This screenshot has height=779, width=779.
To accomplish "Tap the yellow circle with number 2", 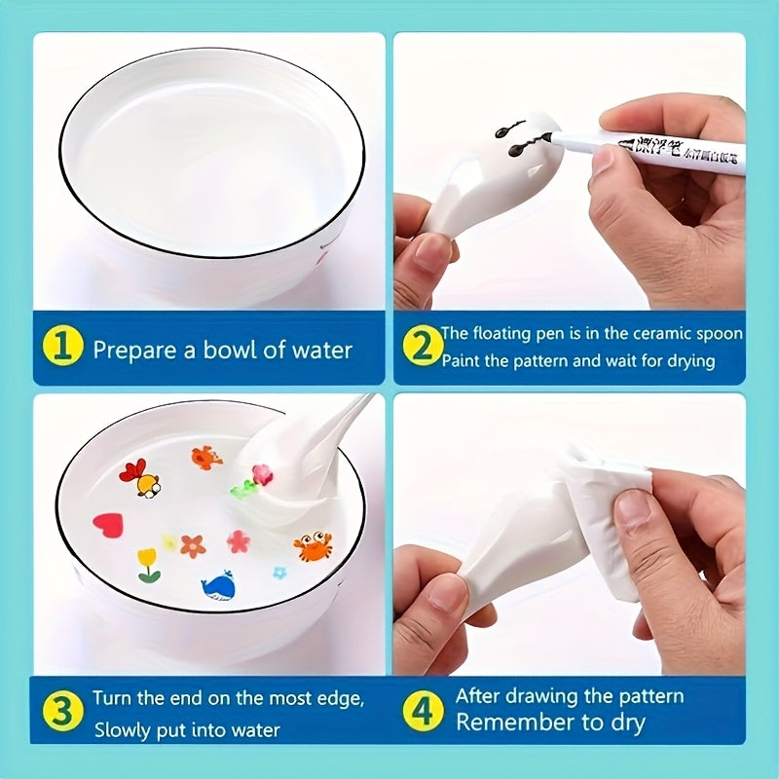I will [424, 348].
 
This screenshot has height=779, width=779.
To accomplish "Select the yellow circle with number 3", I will [65, 712].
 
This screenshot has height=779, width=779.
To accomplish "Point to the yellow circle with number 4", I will [424, 712].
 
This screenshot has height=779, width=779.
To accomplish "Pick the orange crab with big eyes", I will [312, 545].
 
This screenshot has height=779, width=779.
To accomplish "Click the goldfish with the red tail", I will [139, 478].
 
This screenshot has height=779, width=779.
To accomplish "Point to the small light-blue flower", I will [280, 572].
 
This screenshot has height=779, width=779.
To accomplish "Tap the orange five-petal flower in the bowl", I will [193, 546].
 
